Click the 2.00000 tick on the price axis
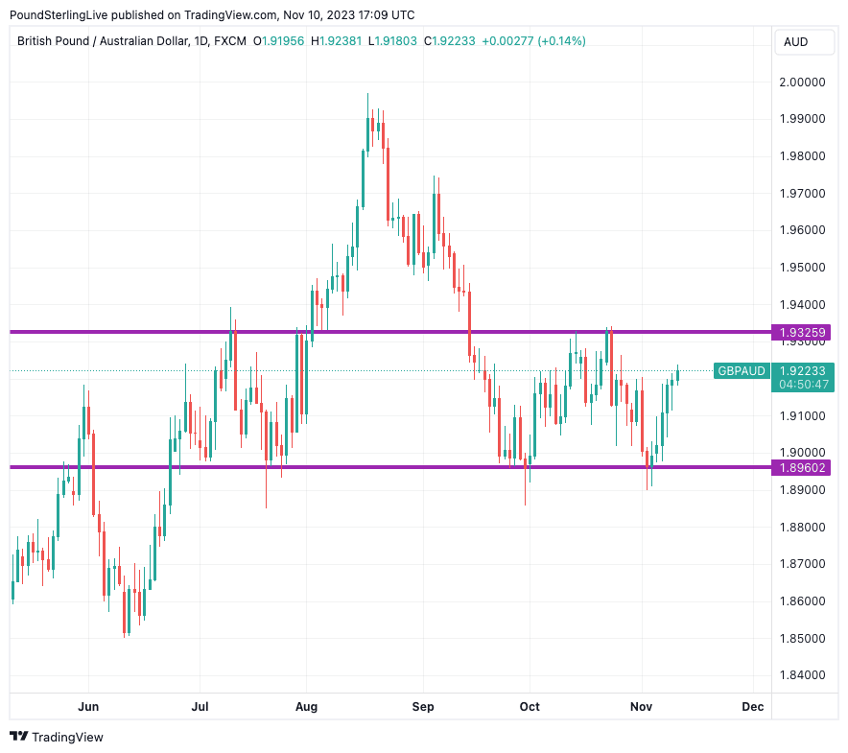click(x=804, y=82)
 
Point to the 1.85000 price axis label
click(x=804, y=638)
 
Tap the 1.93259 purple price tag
click(x=804, y=333)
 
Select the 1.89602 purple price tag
click(x=804, y=468)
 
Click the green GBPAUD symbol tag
click(x=742, y=371)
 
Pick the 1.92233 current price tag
click(x=804, y=371)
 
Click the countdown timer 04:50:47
click(x=804, y=385)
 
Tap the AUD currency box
click(x=795, y=41)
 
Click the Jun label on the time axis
click(x=88, y=707)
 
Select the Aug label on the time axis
click(x=306, y=707)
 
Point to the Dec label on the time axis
click(x=753, y=707)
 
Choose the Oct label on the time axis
click(x=530, y=707)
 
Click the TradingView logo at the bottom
click(x=57, y=737)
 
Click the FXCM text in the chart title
click(x=229, y=41)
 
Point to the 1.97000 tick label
click(x=804, y=193)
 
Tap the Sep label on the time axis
click(x=423, y=707)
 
